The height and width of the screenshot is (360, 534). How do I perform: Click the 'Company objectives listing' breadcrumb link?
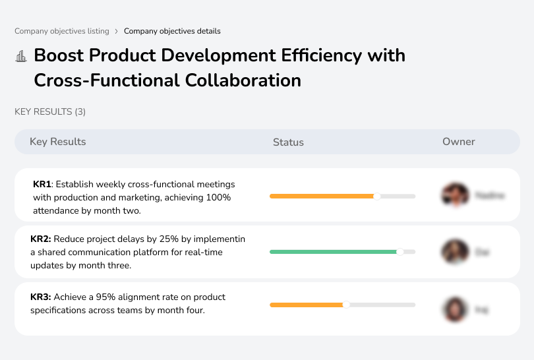(62, 31)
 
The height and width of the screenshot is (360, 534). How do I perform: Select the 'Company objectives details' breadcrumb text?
(172, 31)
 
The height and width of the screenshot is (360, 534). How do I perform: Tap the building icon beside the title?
(21, 56)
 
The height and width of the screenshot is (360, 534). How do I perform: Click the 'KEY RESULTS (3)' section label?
(50, 112)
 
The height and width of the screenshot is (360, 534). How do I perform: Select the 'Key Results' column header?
(57, 142)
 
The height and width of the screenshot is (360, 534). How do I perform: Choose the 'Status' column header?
(288, 142)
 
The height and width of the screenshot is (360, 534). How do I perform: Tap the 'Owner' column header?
(458, 142)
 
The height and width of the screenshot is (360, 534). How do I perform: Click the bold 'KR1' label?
(42, 184)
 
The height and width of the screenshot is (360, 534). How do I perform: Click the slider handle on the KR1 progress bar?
(377, 196)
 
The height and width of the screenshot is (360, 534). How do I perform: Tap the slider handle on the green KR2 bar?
(400, 252)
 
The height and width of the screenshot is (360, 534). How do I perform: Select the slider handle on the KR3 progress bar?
(346, 305)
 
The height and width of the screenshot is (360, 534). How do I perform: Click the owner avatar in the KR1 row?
(454, 195)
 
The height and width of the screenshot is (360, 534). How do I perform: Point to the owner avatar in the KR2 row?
(454, 252)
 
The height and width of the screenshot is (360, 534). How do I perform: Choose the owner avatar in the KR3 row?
(454, 309)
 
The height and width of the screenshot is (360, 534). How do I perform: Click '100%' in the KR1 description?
(218, 198)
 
